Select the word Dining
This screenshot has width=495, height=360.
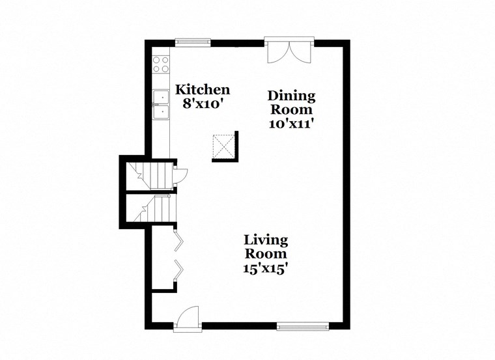291,96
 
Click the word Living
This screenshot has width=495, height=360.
266,240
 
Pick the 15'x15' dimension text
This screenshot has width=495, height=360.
266,266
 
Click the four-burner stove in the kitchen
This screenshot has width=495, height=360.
160,64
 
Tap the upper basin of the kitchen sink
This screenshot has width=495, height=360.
160,98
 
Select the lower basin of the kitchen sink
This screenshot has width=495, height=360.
160,112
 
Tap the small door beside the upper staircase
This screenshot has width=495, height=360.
180,174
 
